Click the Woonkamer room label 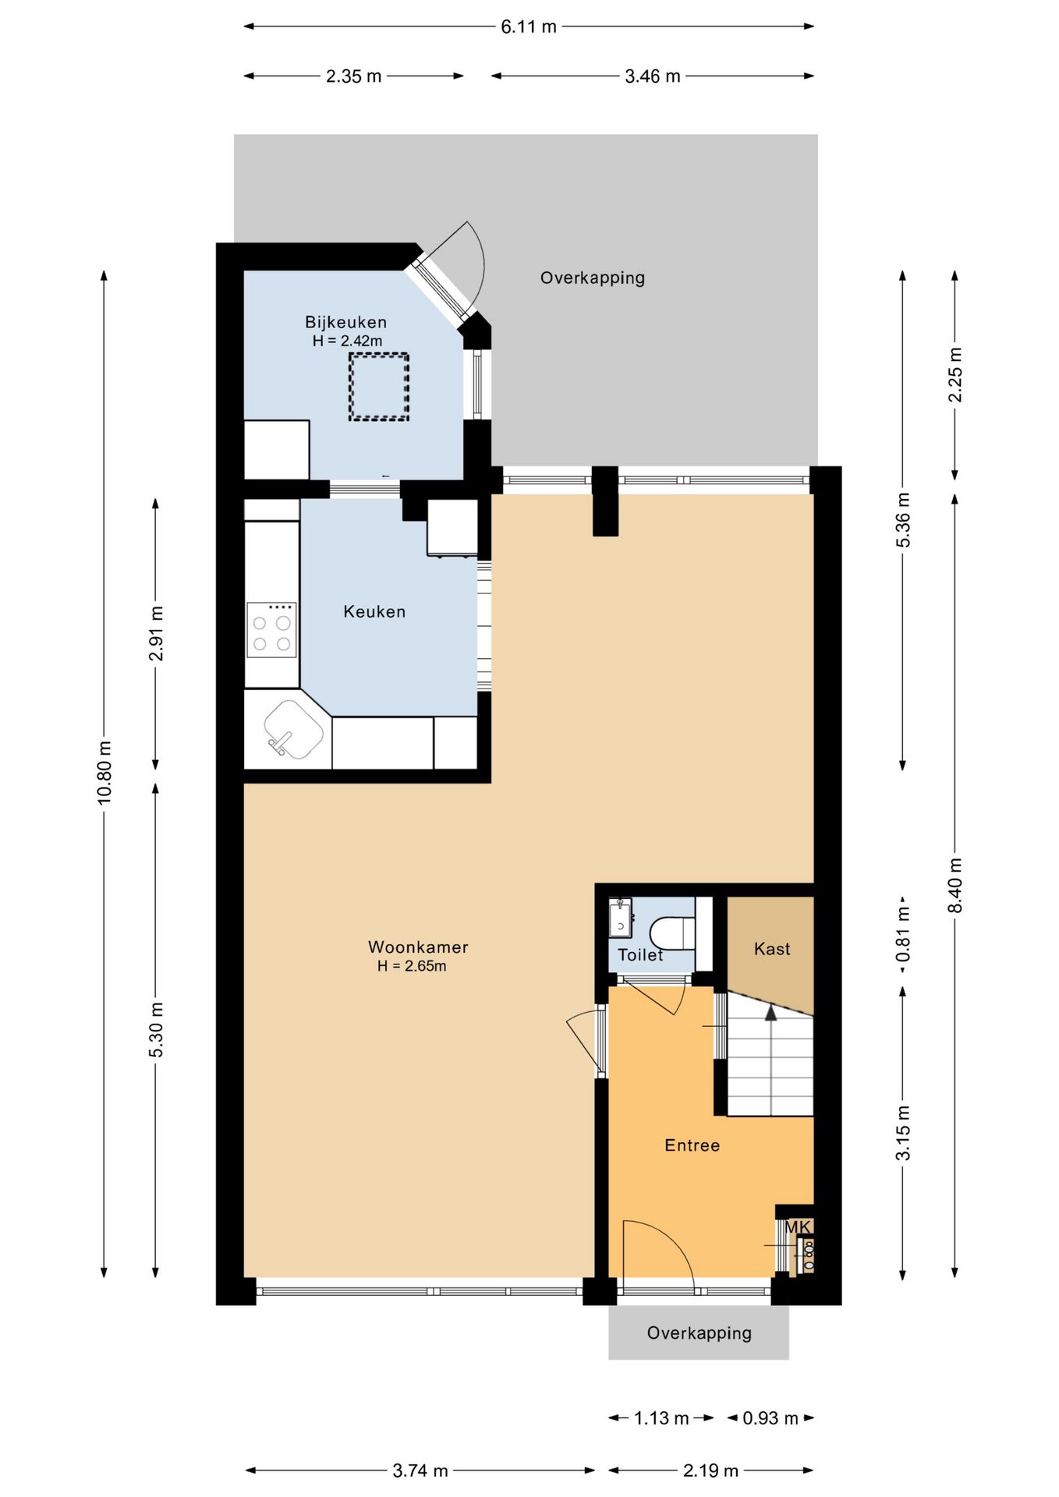click(x=418, y=947)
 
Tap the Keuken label click(x=374, y=612)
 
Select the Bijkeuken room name click(x=345, y=322)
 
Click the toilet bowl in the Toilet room click(x=671, y=933)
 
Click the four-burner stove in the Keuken click(x=271, y=630)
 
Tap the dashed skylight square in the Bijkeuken click(x=378, y=388)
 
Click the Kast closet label click(x=772, y=949)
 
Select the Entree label click(x=692, y=1145)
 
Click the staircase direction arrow click(x=770, y=1012)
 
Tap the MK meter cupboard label click(x=798, y=1228)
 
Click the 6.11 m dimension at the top click(x=529, y=27)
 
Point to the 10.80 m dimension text click(x=104, y=773)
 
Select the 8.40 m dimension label click(x=955, y=885)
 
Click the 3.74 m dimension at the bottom click(x=420, y=1470)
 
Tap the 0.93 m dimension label click(x=770, y=1418)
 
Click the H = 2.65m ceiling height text click(x=412, y=966)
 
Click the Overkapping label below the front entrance click(x=700, y=1333)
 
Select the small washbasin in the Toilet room click(x=621, y=918)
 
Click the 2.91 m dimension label click(x=156, y=633)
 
